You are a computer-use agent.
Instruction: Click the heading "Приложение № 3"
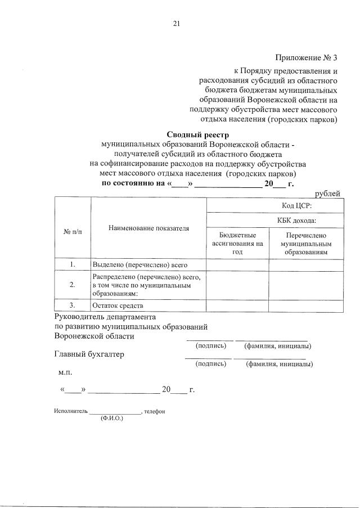click(306, 57)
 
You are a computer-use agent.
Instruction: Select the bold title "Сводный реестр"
click(198, 134)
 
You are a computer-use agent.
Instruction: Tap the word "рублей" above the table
click(327, 194)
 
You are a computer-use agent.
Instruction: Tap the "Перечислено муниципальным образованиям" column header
click(306, 244)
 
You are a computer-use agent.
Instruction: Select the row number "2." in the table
click(73, 285)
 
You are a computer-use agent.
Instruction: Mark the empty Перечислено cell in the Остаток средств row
click(306, 305)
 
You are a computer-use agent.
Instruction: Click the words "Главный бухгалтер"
click(89, 354)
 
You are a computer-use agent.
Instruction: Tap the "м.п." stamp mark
click(65, 372)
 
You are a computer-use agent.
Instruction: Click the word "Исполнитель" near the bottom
click(71, 411)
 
